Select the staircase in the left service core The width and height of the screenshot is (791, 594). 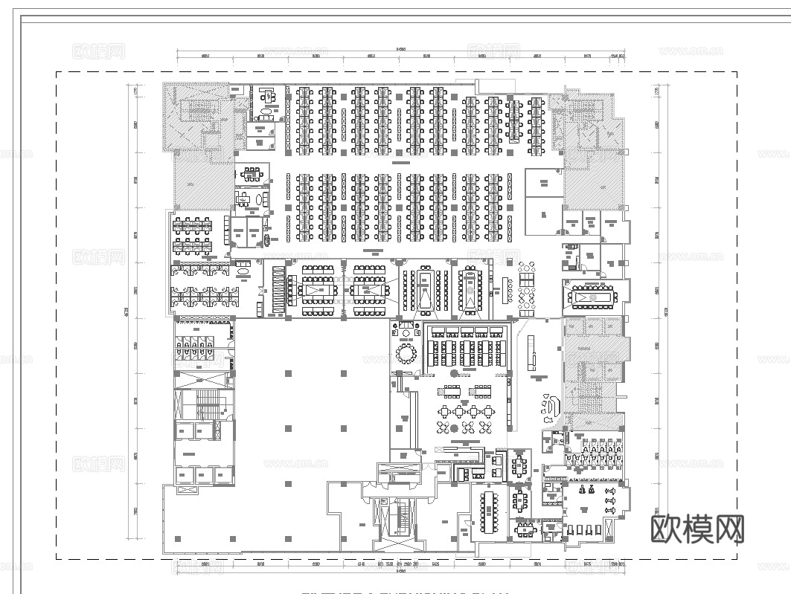(206, 406)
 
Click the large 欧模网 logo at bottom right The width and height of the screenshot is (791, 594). (697, 529)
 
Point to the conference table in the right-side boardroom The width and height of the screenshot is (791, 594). (593, 297)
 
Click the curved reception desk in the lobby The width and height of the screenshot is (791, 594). (553, 407)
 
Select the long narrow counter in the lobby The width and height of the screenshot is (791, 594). (531, 352)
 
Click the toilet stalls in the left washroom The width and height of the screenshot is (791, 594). (193, 348)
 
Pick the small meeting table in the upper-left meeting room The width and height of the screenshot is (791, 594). (252, 174)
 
